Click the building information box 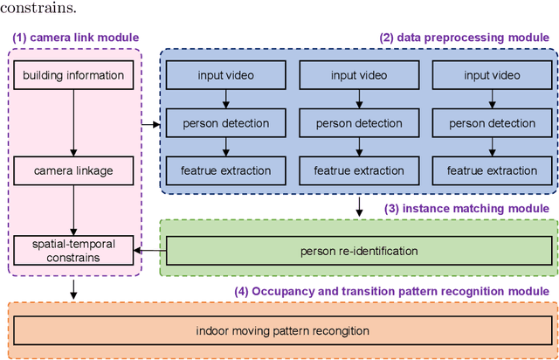(73, 75)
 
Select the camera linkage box (73, 171)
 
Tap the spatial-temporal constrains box (73, 251)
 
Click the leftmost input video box (225, 75)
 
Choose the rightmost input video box (489, 75)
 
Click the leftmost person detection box (225, 123)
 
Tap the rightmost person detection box (489, 123)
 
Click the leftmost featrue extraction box (225, 170)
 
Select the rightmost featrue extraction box (489, 170)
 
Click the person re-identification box (359, 252)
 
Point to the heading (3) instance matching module (466, 208)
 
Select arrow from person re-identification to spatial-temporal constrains (150, 252)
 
